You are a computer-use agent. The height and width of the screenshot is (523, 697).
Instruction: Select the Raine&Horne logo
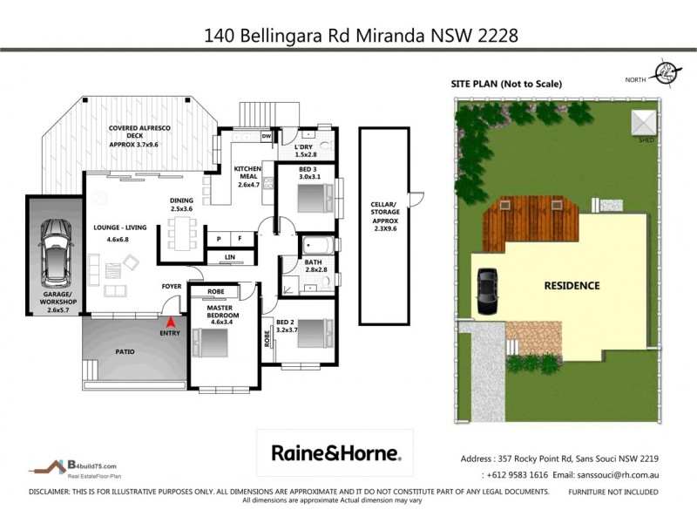tap(335, 452)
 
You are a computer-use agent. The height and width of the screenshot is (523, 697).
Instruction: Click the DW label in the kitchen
tap(267, 136)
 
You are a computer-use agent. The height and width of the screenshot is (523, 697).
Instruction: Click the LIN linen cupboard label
tap(228, 257)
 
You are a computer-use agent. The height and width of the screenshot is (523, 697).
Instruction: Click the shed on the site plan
tap(643, 121)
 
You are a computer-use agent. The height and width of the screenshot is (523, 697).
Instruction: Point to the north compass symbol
tap(665, 73)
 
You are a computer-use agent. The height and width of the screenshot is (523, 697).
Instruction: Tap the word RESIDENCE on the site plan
tap(572, 285)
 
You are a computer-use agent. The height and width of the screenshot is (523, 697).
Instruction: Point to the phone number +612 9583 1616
tap(514, 475)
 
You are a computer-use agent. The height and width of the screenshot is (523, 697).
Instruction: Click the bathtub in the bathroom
tap(314, 245)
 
